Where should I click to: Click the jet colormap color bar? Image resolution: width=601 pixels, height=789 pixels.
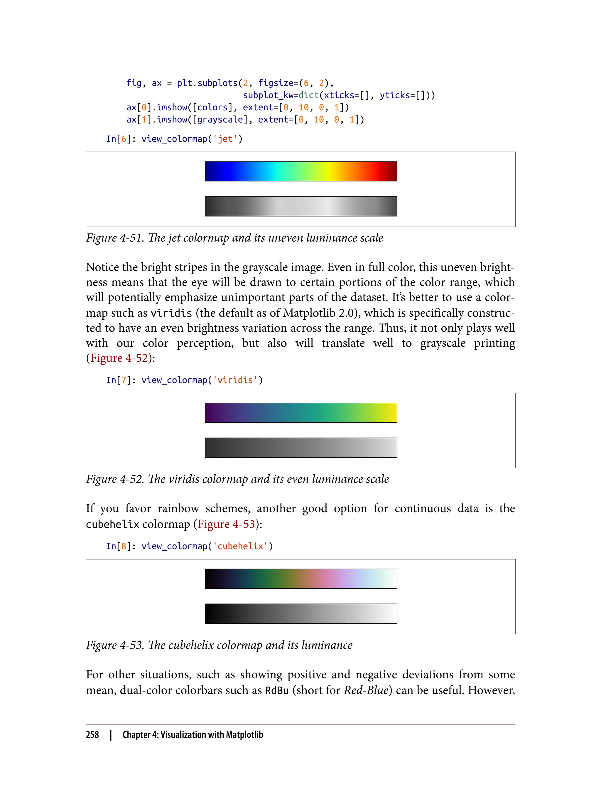tap(300, 171)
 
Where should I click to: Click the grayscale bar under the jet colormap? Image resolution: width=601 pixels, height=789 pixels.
tap(300, 206)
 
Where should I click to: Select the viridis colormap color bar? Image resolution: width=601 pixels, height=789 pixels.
tap(300, 413)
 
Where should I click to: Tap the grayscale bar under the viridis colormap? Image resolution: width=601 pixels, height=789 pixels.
tap(300, 448)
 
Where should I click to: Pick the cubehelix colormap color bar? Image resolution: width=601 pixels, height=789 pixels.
tap(300, 579)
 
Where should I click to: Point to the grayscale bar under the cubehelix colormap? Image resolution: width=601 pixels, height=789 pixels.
tap(300, 614)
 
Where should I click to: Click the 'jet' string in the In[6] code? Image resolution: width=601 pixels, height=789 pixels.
tap(225, 139)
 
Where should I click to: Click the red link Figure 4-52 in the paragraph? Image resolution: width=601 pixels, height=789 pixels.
tap(119, 358)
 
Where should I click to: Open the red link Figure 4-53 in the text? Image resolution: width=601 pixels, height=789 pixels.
tap(226, 524)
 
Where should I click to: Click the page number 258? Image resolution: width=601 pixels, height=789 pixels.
tap(92, 735)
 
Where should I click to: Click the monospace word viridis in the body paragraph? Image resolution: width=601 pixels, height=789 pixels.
tap(171, 313)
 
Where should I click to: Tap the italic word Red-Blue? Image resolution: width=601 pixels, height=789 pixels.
tap(366, 690)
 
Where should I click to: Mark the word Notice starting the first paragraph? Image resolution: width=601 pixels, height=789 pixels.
tap(102, 267)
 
